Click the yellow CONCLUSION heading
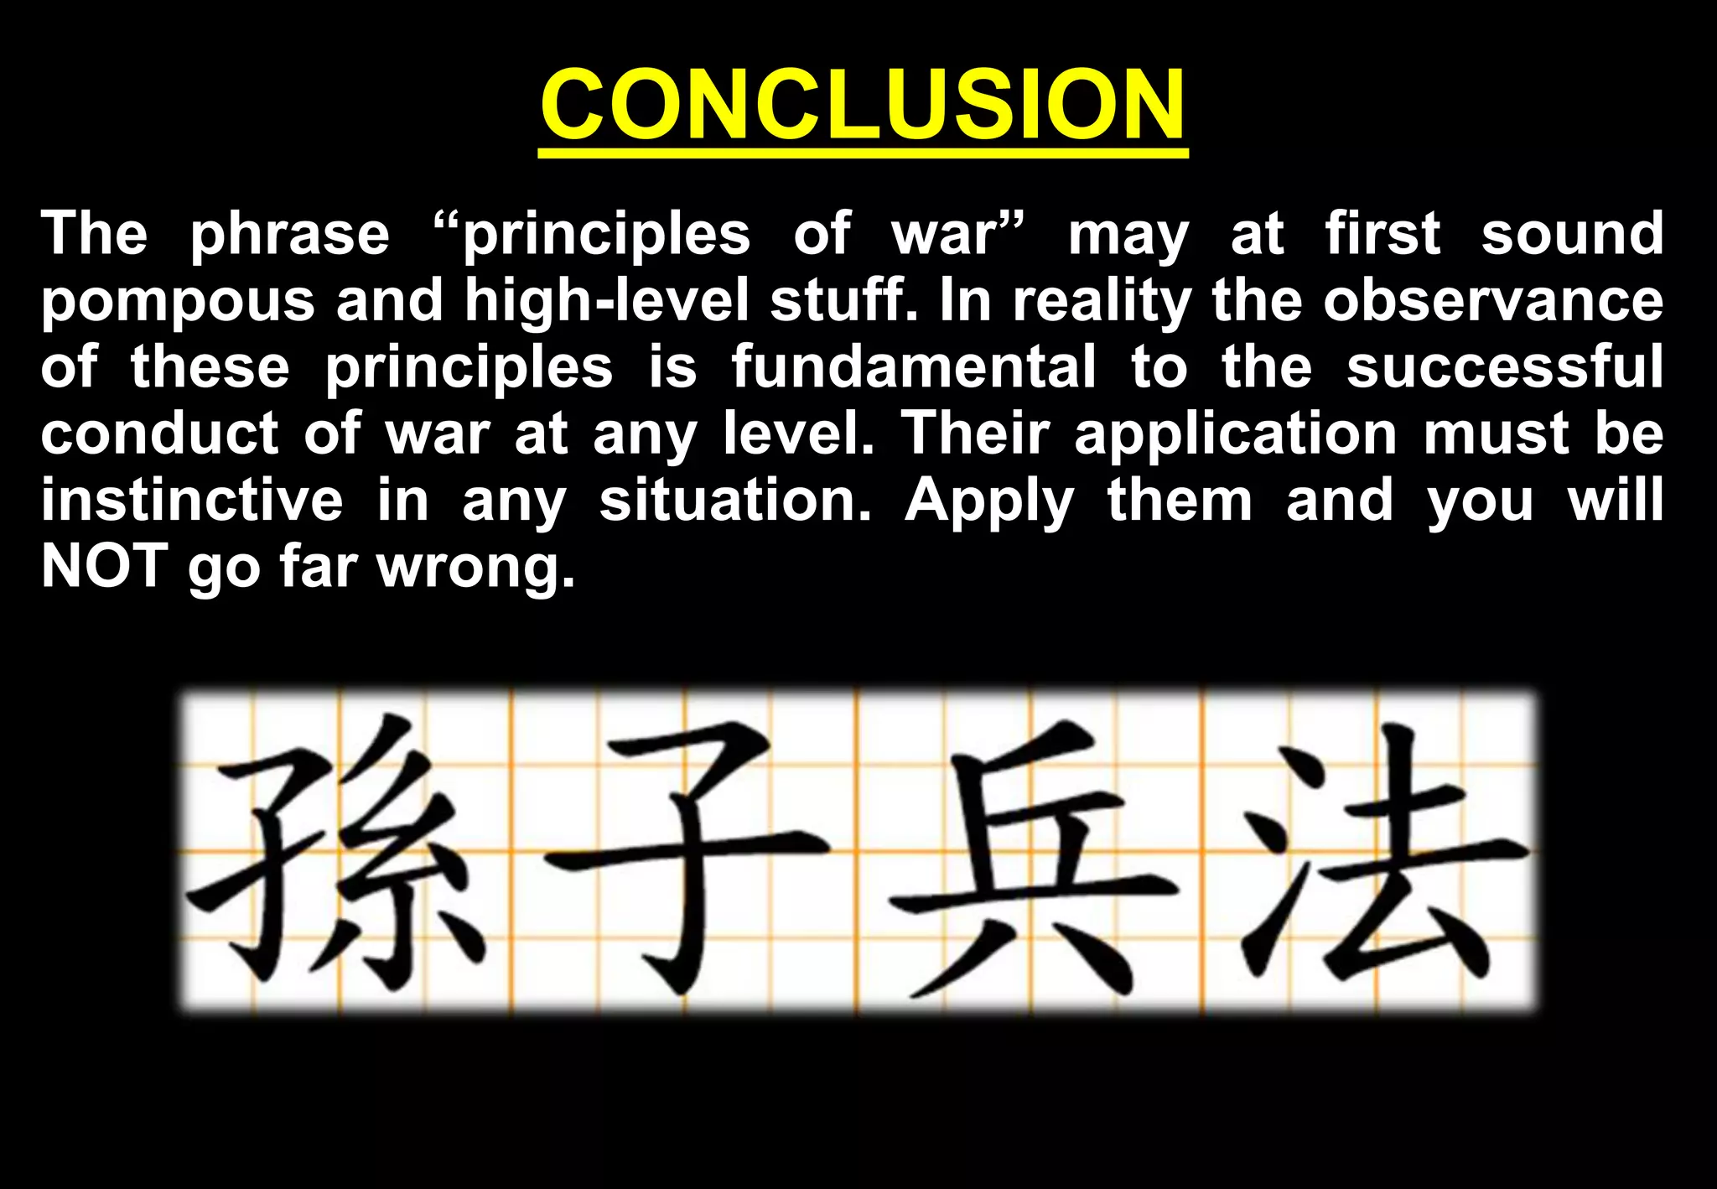(x=863, y=105)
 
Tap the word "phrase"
(x=289, y=234)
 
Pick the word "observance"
(x=1493, y=300)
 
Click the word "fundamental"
(x=913, y=366)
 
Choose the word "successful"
(x=1505, y=366)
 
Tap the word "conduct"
(x=159, y=434)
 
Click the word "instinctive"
(x=192, y=500)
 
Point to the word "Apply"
(x=988, y=501)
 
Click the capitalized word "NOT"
(x=104, y=566)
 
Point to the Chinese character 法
(x=1375, y=855)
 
